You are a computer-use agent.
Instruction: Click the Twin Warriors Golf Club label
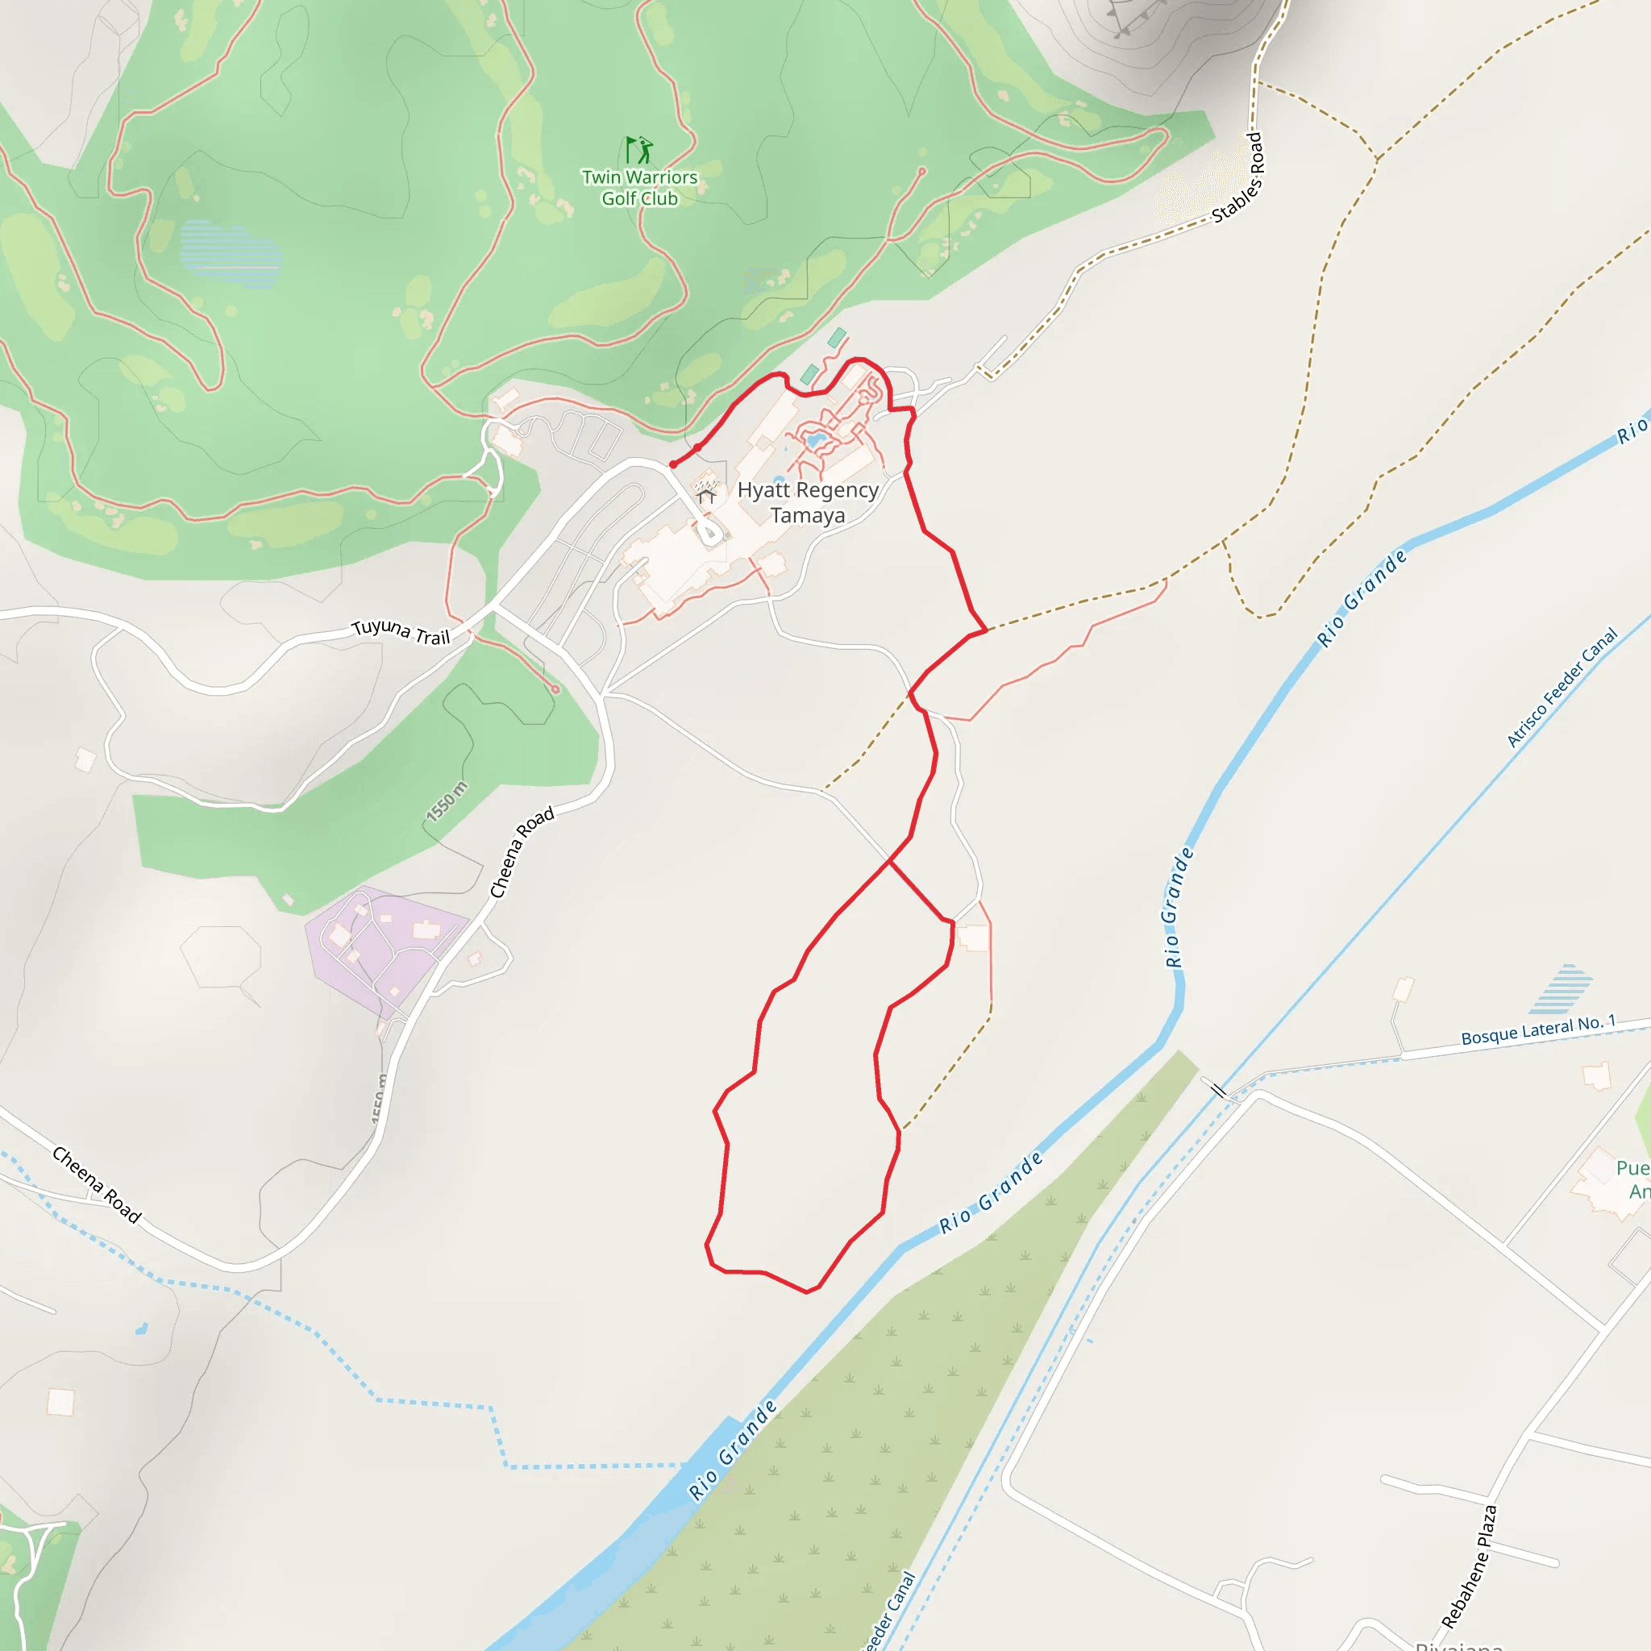point(639,188)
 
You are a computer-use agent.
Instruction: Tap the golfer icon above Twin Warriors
point(638,151)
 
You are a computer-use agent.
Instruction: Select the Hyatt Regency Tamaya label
point(808,502)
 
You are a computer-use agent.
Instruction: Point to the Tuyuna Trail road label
point(401,631)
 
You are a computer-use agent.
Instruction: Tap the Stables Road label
point(1238,177)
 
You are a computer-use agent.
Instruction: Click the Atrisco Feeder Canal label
point(1562,688)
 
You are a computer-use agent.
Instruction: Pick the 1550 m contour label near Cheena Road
point(447,801)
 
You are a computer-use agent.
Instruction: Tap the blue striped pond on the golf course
point(230,254)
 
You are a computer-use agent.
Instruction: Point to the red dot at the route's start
point(673,465)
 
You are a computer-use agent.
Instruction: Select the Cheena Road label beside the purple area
point(522,852)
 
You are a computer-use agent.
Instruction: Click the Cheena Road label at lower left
point(97,1184)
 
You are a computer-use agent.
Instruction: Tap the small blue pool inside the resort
point(814,441)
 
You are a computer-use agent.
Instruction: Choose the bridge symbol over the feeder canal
point(1218,1091)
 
